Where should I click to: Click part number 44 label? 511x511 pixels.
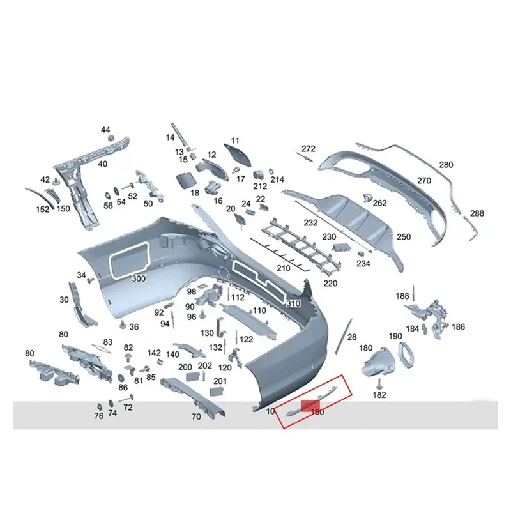pyautogui.click(x=105, y=130)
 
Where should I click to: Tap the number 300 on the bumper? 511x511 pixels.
pyautogui.click(x=138, y=279)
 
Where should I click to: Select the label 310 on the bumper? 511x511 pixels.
pyautogui.click(x=293, y=303)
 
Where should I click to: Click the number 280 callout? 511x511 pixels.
pyautogui.click(x=446, y=165)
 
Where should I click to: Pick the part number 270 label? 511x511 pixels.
pyautogui.click(x=424, y=181)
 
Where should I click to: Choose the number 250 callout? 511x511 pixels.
pyautogui.click(x=404, y=237)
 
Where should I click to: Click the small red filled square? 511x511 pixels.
pyautogui.click(x=312, y=405)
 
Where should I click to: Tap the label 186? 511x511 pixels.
pyautogui.click(x=459, y=326)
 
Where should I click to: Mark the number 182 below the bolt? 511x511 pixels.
pyautogui.click(x=379, y=395)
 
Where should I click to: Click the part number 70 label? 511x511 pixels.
pyautogui.click(x=196, y=416)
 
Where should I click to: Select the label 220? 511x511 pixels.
pyautogui.click(x=330, y=283)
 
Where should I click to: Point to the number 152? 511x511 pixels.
pyautogui.click(x=42, y=209)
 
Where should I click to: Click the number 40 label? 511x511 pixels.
pyautogui.click(x=102, y=164)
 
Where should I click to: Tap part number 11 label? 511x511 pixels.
pyautogui.click(x=234, y=140)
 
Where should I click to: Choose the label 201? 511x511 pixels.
pyautogui.click(x=220, y=381)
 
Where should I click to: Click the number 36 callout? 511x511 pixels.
pyautogui.click(x=133, y=326)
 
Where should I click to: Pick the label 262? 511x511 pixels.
pyautogui.click(x=380, y=203)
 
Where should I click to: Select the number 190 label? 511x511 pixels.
pyautogui.click(x=395, y=336)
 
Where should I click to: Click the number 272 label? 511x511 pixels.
pyautogui.click(x=309, y=149)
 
